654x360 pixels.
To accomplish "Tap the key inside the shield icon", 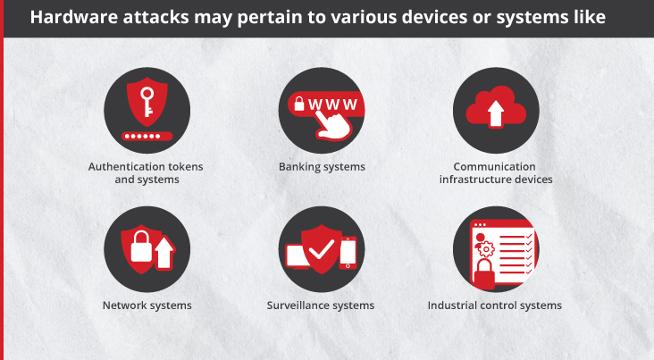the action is coord(147,102).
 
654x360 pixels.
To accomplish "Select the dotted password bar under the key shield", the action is coord(147,136).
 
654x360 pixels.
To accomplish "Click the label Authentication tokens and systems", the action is coord(146,173).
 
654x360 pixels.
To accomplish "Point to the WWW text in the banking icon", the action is coord(332,105).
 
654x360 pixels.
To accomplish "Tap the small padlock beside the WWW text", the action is coord(299,104).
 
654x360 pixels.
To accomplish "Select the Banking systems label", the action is coord(322,167).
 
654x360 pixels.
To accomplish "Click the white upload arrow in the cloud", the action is coord(496,113).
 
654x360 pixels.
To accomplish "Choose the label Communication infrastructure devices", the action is coord(496,173).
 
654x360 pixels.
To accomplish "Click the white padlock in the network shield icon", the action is coord(141,247).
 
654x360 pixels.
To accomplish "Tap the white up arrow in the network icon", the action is coord(164,253).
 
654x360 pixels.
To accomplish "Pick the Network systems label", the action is coord(147,306).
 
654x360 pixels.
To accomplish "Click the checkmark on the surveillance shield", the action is coord(321,249).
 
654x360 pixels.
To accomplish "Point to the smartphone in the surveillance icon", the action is coord(348,253).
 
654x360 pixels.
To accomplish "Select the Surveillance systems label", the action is coord(321,306).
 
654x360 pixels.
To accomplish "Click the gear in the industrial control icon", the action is coord(486,249).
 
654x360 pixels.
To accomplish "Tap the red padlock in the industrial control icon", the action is coord(484,274).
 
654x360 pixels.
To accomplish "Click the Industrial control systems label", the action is coord(495,306).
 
